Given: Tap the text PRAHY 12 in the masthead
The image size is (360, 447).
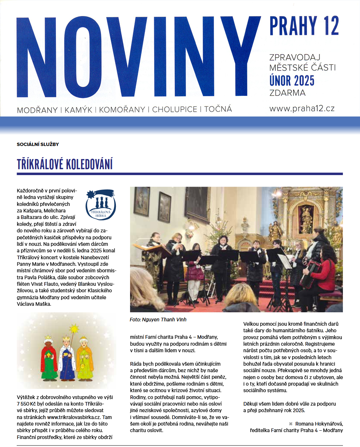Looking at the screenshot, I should [304, 26].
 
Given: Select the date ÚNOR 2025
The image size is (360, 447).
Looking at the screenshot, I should [292, 80].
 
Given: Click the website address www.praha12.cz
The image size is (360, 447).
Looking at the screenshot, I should [302, 108].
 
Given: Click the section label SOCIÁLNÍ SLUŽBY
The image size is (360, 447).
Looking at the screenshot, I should [38, 144].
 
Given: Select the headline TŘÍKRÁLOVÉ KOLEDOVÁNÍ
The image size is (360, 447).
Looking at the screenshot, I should [65, 164].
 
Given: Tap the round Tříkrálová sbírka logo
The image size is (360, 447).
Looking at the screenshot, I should [101, 205].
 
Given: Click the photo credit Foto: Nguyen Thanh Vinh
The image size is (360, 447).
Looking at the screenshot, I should [158, 320].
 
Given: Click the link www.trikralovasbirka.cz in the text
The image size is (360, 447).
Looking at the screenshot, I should [73, 418].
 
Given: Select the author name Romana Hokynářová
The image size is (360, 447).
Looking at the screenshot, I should [319, 424].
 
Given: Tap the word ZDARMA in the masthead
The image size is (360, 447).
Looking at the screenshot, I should [287, 93].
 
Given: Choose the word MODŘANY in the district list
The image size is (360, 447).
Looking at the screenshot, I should [38, 109].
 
